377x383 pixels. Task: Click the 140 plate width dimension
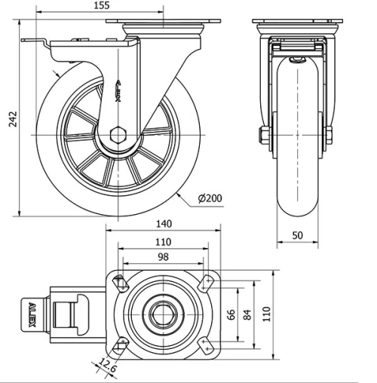pyautogui.click(x=164, y=224)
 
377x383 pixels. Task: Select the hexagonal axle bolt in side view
pyautogui.click(x=118, y=136)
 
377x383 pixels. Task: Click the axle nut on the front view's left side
pyautogui.click(x=264, y=136)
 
